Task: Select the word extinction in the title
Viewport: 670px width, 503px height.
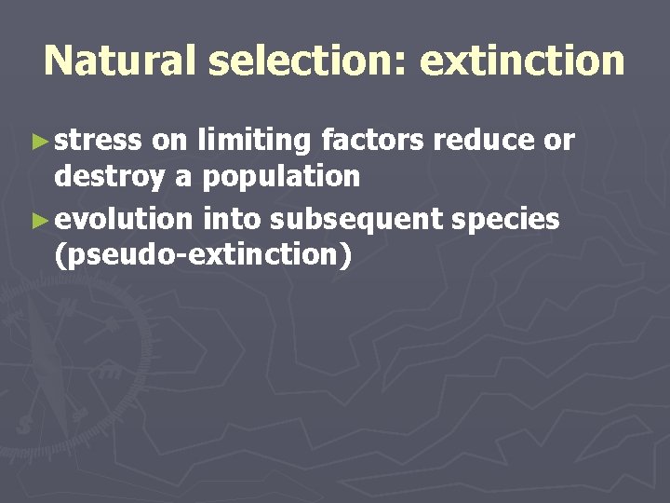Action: click(522, 61)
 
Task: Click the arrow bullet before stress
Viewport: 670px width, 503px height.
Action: click(37, 142)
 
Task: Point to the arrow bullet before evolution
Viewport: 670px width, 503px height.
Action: click(37, 221)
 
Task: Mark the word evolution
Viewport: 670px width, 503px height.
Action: click(125, 220)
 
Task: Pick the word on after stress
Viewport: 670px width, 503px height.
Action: click(168, 141)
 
